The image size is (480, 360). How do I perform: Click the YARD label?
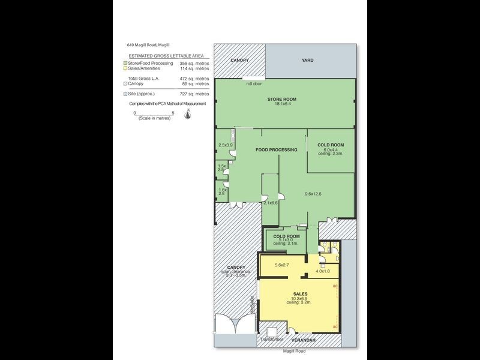click(x=307, y=61)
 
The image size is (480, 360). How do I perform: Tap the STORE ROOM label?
click(x=282, y=99)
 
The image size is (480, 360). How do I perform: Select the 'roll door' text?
click(x=254, y=83)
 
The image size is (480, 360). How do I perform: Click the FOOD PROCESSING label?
click(x=276, y=149)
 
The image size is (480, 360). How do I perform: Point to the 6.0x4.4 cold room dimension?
click(x=330, y=150)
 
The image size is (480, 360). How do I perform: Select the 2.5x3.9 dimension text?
click(x=225, y=145)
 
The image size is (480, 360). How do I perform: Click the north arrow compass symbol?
click(x=188, y=115)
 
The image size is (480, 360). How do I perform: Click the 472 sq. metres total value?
click(x=195, y=79)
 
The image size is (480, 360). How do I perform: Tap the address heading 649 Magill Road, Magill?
click(x=148, y=44)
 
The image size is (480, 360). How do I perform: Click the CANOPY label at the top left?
click(x=241, y=61)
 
